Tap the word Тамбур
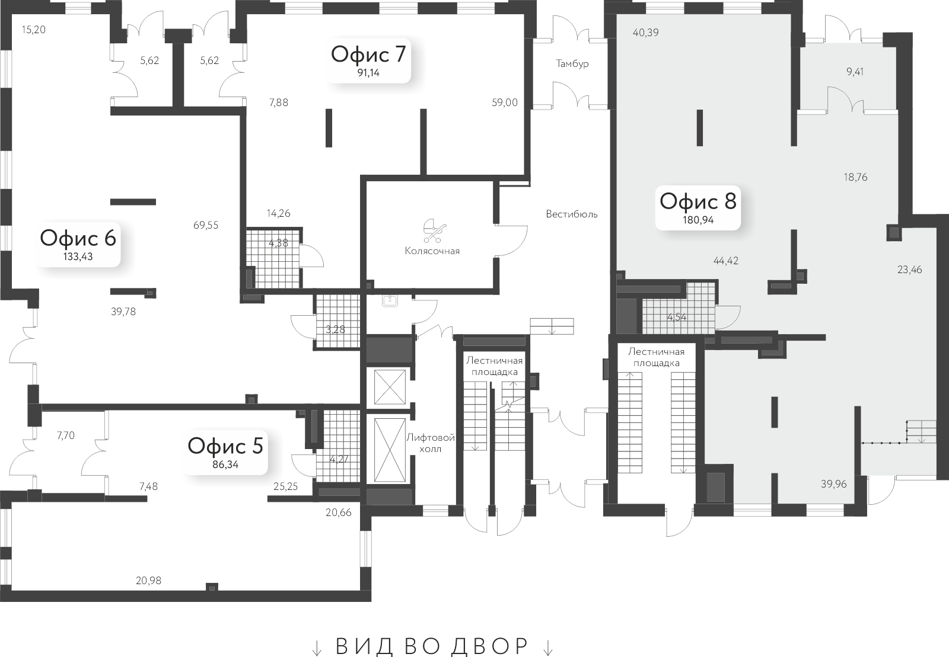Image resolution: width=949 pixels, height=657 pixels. [572, 63]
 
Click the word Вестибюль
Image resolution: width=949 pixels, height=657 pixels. [572, 214]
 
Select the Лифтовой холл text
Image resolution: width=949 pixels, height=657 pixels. [431, 443]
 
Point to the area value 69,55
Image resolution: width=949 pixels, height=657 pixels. [206, 225]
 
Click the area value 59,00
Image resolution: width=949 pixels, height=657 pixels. [504, 102]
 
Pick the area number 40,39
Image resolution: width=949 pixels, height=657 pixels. [645, 33]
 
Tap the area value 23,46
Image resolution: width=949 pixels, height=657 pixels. [909, 270]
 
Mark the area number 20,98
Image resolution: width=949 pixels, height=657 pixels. [148, 581]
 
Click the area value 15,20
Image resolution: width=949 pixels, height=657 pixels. [33, 29]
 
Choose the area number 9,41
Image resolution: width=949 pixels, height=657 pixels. [855, 72]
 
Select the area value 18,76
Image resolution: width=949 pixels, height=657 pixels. [855, 177]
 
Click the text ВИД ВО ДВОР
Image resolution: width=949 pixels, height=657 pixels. [432, 646]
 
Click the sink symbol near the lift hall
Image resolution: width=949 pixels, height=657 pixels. [390, 301]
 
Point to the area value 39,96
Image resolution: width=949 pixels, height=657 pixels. [833, 484]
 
